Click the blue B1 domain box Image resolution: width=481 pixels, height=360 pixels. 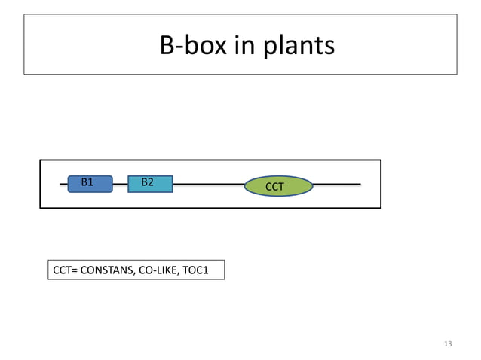tap(90, 183)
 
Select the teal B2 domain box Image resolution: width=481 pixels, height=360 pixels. tap(150, 183)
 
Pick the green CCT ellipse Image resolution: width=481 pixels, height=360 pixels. tap(278, 185)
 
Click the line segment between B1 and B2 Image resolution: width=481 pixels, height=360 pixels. tap(120, 183)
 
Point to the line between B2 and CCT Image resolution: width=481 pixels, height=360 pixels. tap(209, 183)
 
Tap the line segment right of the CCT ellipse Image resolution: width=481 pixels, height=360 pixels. tap(337, 183)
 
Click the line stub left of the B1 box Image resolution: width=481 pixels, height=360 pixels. tap(63, 183)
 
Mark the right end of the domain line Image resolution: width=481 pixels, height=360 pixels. tap(359, 183)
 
